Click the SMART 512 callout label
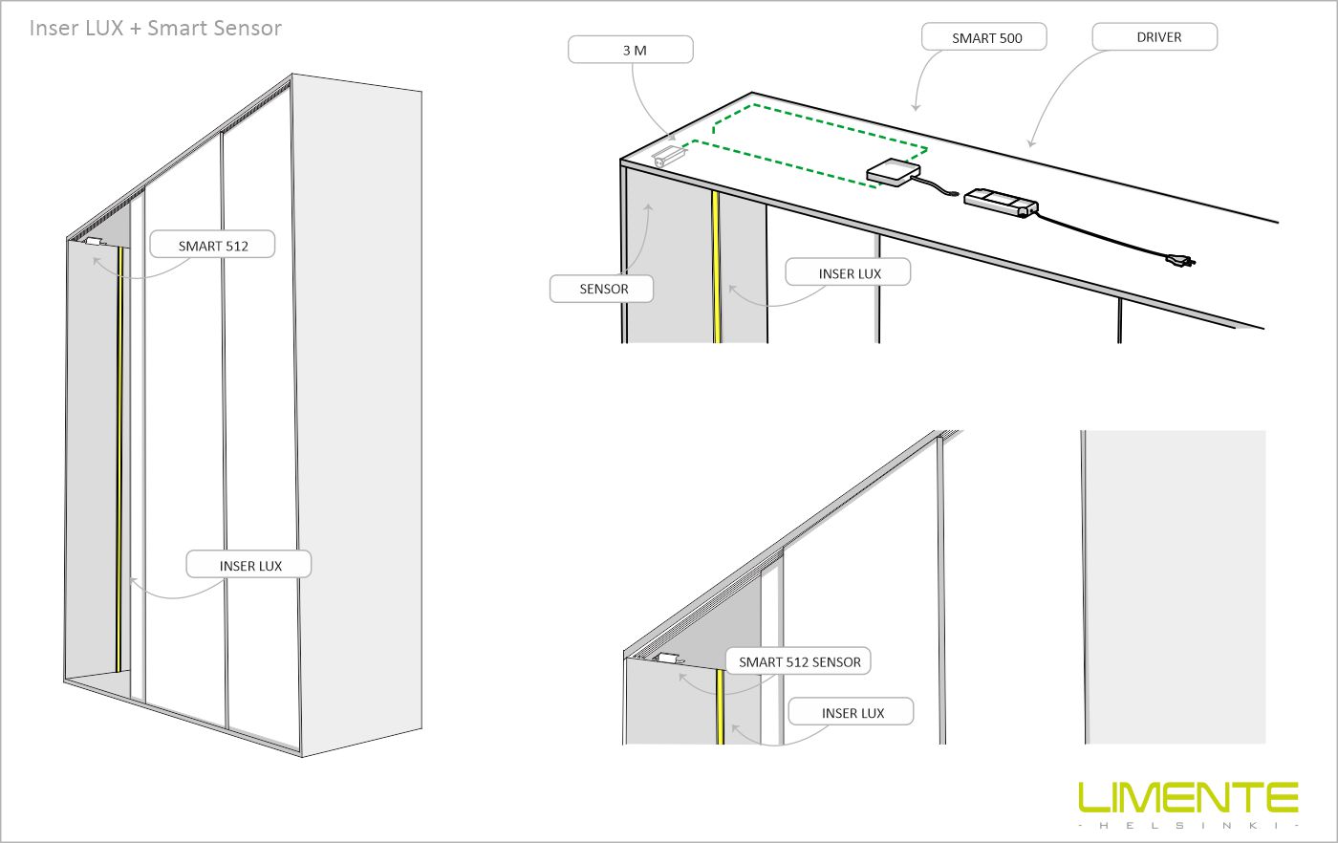coord(212,245)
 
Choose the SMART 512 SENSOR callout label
coord(798,661)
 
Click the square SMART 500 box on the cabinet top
coord(893,172)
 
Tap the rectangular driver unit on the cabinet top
coord(1002,202)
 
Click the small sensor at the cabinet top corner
coord(668,156)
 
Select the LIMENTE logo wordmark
coord(1187,797)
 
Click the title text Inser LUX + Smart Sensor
coord(155,28)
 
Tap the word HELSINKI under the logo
coord(1189,826)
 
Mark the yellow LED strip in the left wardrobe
coord(119,459)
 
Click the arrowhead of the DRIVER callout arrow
coord(1030,143)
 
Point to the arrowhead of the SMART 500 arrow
coord(916,108)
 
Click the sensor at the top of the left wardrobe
coord(95,242)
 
